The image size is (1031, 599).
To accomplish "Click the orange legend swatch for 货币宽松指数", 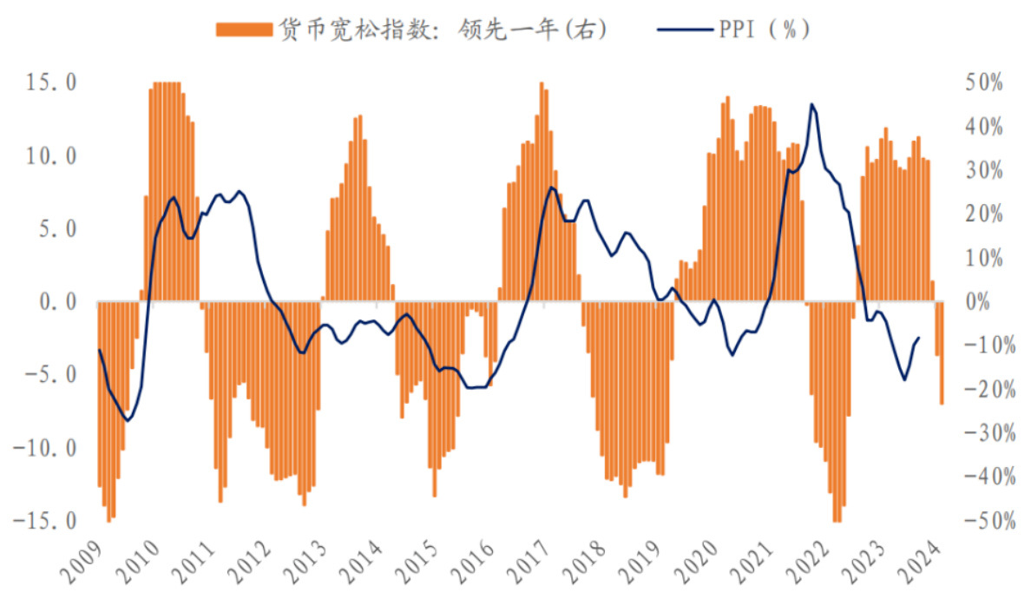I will tap(242, 30).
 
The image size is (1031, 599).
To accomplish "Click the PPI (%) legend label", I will tap(764, 29).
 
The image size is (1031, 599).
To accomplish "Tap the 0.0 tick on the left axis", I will tap(53, 302).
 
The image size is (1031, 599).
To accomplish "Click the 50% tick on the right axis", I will tap(980, 82).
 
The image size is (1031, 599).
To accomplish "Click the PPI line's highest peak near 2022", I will tap(811, 104).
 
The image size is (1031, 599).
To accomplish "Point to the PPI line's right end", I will tap(918, 339).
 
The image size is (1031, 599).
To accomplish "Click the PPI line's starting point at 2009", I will tap(99, 350).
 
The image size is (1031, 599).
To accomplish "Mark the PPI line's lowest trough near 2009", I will tap(128, 421).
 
